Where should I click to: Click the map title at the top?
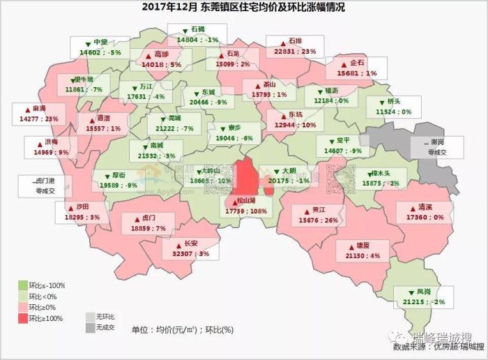(243, 8)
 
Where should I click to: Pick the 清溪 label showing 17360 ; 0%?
(419, 213)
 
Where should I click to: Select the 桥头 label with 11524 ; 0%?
(393, 107)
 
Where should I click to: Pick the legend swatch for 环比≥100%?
(23, 318)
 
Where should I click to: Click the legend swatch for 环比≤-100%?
(23, 285)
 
